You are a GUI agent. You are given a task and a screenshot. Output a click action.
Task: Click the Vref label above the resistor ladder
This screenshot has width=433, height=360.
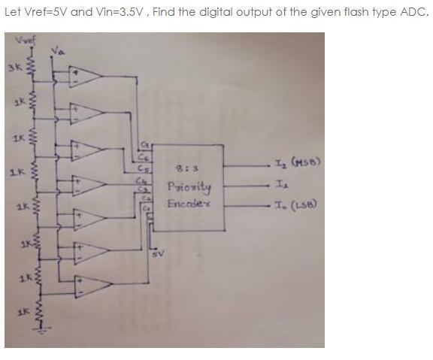(25, 39)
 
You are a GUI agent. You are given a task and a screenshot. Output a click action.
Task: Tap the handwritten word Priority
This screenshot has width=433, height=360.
(189, 186)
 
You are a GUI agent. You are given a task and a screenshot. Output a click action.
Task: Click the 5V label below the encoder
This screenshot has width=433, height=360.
(156, 255)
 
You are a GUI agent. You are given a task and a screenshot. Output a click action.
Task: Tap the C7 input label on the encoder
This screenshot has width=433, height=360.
(147, 145)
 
